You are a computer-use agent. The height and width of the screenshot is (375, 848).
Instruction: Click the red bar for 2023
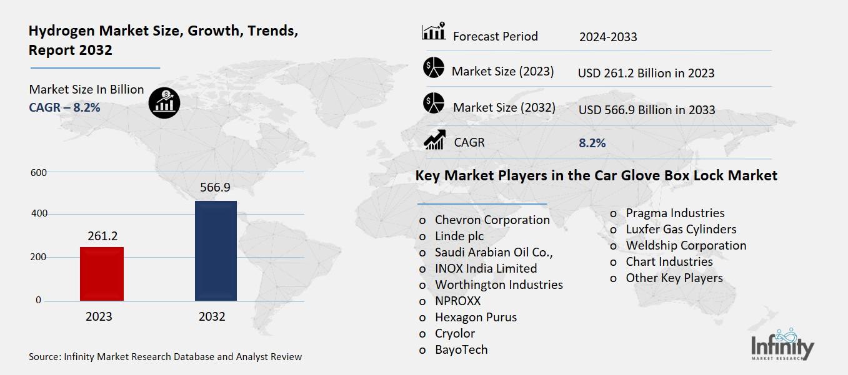[102, 274]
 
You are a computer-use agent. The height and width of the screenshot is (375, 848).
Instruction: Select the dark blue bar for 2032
[216, 251]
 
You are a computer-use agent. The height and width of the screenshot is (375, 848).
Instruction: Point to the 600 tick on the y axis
[39, 173]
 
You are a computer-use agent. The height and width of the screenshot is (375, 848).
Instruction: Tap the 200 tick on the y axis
[39, 258]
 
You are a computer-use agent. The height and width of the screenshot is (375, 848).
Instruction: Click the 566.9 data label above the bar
[215, 188]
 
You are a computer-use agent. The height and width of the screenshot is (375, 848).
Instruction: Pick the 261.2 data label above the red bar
[102, 236]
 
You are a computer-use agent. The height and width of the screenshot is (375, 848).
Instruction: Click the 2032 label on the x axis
[212, 317]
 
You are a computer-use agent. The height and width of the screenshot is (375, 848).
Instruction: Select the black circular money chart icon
[164, 101]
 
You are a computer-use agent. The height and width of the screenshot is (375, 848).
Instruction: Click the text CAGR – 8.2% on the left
[64, 107]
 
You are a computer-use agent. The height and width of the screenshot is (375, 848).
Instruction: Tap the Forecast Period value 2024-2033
[607, 37]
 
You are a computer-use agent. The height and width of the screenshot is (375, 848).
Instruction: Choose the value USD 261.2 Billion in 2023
[646, 73]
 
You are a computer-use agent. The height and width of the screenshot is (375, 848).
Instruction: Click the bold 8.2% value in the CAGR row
[592, 143]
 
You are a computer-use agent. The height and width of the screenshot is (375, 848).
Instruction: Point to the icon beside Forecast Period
[434, 32]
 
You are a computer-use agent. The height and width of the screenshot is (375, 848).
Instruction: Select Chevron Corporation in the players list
[492, 220]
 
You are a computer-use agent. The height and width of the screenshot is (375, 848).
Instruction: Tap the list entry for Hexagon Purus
[476, 317]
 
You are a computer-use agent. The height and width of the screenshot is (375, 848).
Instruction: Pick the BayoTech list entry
[461, 349]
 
